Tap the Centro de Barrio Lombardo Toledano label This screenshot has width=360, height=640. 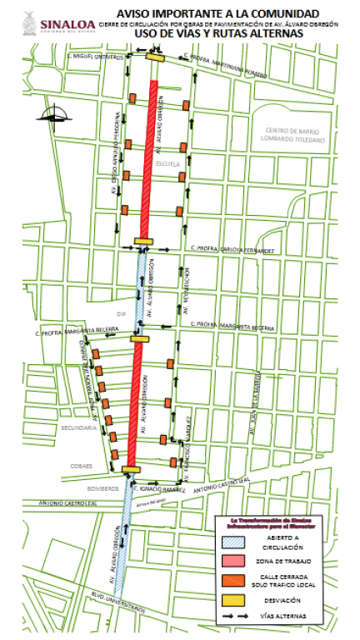297,136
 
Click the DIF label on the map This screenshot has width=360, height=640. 122,314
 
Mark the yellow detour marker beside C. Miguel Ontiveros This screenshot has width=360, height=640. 154,57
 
